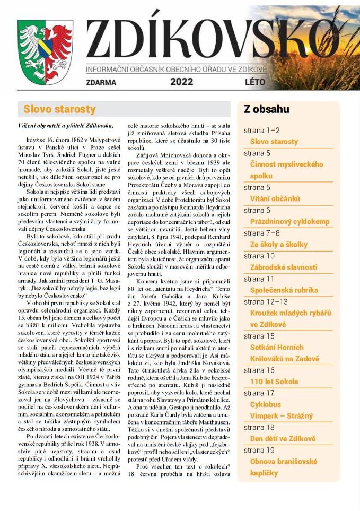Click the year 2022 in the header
coord(182,82)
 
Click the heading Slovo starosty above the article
coord(59,109)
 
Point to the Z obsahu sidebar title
coord(266,109)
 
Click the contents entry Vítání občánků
coord(275,198)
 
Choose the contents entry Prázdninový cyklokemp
coord(289,221)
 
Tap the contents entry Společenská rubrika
coord(284,290)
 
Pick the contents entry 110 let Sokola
coord(274,381)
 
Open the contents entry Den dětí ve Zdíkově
coord(283,439)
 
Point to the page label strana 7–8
coord(262,233)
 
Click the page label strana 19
coord(259,450)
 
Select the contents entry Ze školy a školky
coord(278,244)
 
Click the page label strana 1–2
coord(262,130)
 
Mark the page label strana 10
coord(259,256)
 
